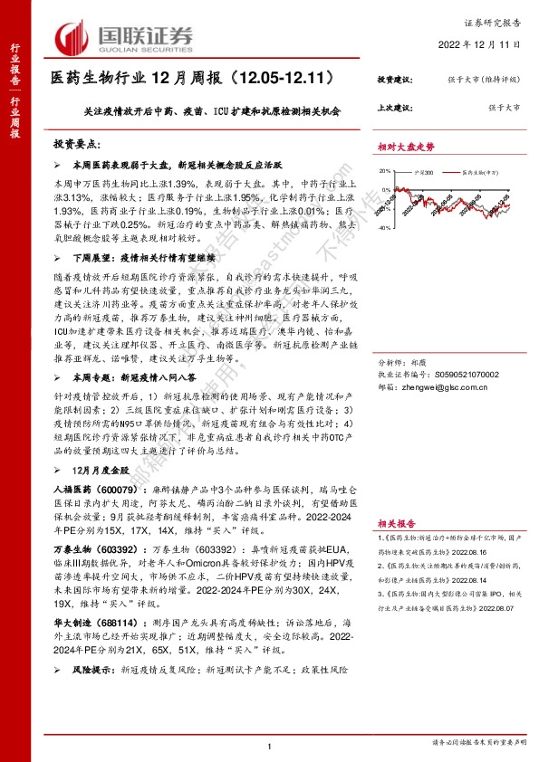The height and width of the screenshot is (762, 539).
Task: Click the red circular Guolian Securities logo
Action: [x=73, y=36]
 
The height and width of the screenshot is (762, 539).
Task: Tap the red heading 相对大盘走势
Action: [x=406, y=146]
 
